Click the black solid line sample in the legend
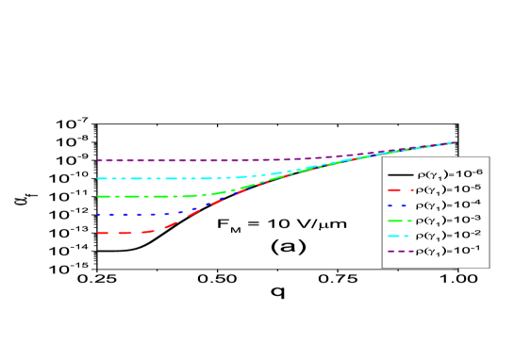click(398, 176)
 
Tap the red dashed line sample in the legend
click(398, 191)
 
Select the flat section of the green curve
click(141, 197)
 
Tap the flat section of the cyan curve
click(151, 178)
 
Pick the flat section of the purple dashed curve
click(160, 160)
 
